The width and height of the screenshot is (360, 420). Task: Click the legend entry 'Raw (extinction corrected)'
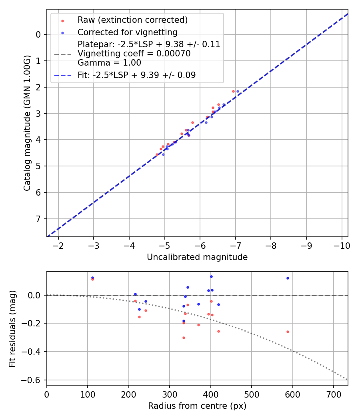coord(132,20)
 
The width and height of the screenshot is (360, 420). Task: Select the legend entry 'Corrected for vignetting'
coord(127,32)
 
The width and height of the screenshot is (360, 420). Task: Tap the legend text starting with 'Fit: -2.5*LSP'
coord(136,75)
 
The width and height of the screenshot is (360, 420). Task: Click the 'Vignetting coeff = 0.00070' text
coord(134,54)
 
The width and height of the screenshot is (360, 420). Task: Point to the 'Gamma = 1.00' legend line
coord(109,63)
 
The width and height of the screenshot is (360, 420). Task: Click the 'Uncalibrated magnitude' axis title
coord(197,257)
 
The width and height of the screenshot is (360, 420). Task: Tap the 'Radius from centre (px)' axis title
coord(197,406)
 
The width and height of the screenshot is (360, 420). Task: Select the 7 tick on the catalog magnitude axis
coord(38,219)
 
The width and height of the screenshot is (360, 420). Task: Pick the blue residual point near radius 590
coord(288,278)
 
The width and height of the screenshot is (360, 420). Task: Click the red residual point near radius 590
coord(288,332)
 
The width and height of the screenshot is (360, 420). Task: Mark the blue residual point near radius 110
coord(92,278)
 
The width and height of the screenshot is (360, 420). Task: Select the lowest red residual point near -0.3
coord(184,338)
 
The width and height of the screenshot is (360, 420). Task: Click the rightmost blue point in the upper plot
coord(238,91)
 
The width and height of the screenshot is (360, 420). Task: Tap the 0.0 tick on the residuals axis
coord(36,295)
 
